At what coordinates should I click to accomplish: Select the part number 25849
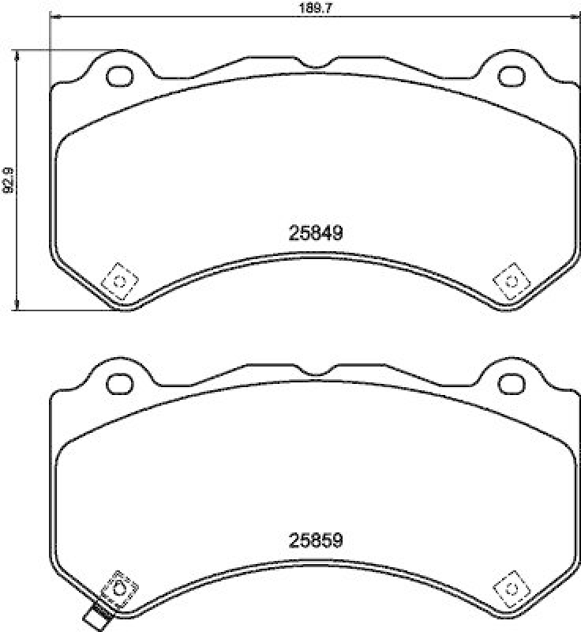314,234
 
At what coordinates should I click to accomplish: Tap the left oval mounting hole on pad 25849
120,76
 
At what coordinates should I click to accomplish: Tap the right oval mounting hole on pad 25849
510,76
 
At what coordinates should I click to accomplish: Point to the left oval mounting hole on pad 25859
120,385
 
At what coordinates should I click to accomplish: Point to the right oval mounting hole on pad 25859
510,385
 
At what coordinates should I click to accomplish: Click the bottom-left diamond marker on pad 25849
120,281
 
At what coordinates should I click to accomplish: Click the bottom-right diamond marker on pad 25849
510,281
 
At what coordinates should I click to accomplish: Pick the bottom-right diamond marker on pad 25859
510,589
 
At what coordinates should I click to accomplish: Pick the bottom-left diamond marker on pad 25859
120,589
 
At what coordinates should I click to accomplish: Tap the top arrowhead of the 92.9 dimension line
17,52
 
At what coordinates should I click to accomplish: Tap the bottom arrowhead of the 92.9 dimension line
17,307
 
